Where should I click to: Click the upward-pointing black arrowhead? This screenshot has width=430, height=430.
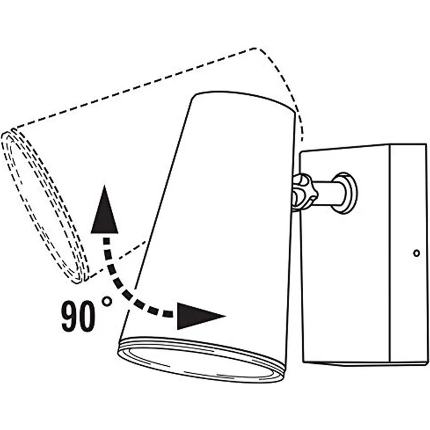104,214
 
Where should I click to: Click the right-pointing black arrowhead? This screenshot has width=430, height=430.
199,316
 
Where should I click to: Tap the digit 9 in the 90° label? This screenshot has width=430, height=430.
70,316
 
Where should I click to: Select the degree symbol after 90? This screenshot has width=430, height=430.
107,301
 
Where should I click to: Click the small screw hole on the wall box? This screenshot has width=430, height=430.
417,253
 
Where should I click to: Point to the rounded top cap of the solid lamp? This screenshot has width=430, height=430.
244,99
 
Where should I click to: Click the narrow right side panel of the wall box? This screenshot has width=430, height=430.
408,254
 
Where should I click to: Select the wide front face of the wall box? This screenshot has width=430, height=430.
345,255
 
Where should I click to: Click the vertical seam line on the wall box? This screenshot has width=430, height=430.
390,253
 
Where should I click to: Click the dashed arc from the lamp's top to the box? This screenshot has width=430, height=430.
289,91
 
